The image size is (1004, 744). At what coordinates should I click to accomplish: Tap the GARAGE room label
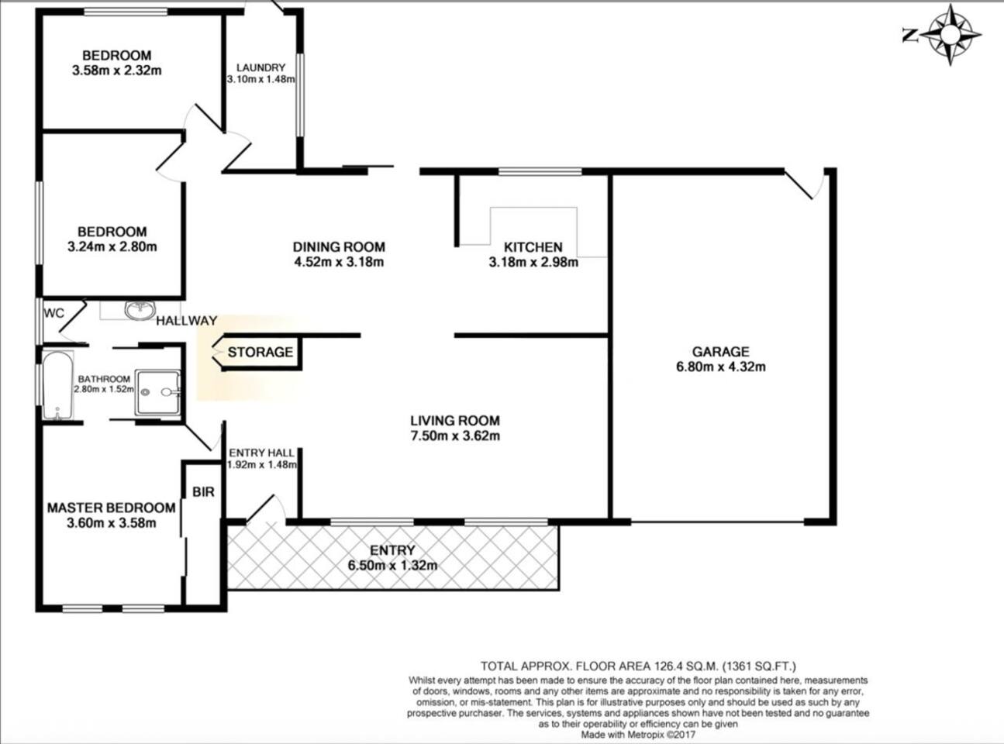(721, 351)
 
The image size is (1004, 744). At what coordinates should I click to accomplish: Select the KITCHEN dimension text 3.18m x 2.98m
(533, 262)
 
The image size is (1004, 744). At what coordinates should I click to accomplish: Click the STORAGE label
(260, 352)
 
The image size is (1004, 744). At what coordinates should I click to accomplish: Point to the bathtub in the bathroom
(57, 386)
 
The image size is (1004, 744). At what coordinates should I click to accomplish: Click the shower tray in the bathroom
(158, 393)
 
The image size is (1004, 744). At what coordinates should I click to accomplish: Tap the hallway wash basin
(140, 310)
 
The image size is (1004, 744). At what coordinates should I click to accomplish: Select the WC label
(53, 313)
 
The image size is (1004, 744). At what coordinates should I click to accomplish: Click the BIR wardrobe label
(203, 492)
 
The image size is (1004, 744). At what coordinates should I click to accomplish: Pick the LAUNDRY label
(260, 68)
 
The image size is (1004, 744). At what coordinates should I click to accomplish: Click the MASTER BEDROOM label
(112, 508)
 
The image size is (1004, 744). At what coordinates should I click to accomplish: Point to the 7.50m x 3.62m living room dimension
(455, 436)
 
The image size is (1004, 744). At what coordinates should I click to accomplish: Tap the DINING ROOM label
(339, 247)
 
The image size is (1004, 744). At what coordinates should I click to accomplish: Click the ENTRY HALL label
(261, 453)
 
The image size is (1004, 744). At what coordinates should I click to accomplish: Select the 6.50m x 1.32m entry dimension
(392, 566)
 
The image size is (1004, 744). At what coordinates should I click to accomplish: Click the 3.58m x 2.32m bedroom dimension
(117, 71)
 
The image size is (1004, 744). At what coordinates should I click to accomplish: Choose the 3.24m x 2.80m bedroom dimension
(112, 247)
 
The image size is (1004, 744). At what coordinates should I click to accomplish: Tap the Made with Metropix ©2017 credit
(638, 735)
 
